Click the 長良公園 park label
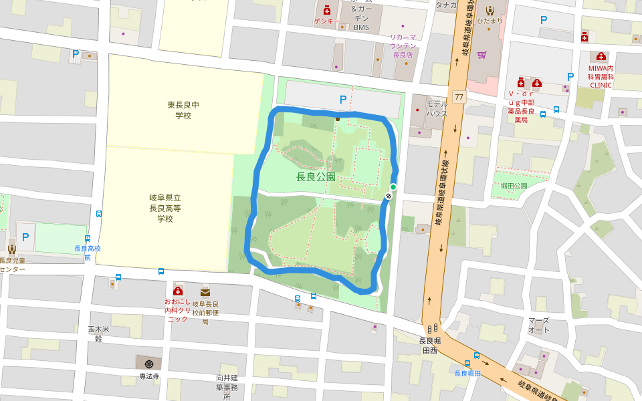click(316, 177)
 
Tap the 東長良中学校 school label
click(183, 110)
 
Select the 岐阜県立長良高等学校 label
click(165, 208)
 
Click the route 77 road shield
click(458, 97)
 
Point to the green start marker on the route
click(393, 186)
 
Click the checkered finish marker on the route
click(389, 196)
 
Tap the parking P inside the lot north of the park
click(343, 100)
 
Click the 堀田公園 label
click(514, 186)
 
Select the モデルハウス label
click(437, 109)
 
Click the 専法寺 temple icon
click(148, 364)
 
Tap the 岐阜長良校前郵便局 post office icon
click(205, 291)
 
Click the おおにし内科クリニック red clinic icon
click(178, 290)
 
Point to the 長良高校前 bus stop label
click(87, 253)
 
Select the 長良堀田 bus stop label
click(467, 373)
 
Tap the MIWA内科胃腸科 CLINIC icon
click(601, 56)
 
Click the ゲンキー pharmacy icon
click(326, 10)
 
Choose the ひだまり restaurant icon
click(490, 10)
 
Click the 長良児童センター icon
click(11, 249)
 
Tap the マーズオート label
click(538, 325)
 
